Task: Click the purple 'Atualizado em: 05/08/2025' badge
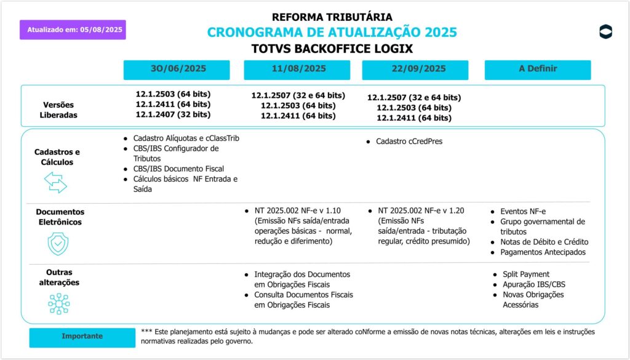click(x=73, y=30)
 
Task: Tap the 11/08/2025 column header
click(x=298, y=70)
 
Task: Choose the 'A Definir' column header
click(x=537, y=70)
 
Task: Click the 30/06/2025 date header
click(x=177, y=70)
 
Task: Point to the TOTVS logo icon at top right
click(x=605, y=32)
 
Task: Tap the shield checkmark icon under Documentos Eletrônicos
click(x=58, y=244)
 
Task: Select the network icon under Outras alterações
click(x=58, y=303)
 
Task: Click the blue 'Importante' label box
click(x=82, y=337)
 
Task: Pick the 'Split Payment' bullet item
click(x=525, y=274)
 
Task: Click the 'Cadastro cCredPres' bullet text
click(x=409, y=142)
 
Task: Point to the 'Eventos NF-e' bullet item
click(x=523, y=211)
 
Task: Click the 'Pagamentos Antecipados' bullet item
click(x=543, y=252)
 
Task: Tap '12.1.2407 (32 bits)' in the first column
click(x=173, y=114)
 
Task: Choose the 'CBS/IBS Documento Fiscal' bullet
click(x=178, y=169)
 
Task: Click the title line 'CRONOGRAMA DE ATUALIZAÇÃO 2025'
click(x=332, y=33)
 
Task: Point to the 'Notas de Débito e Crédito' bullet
click(x=544, y=242)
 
